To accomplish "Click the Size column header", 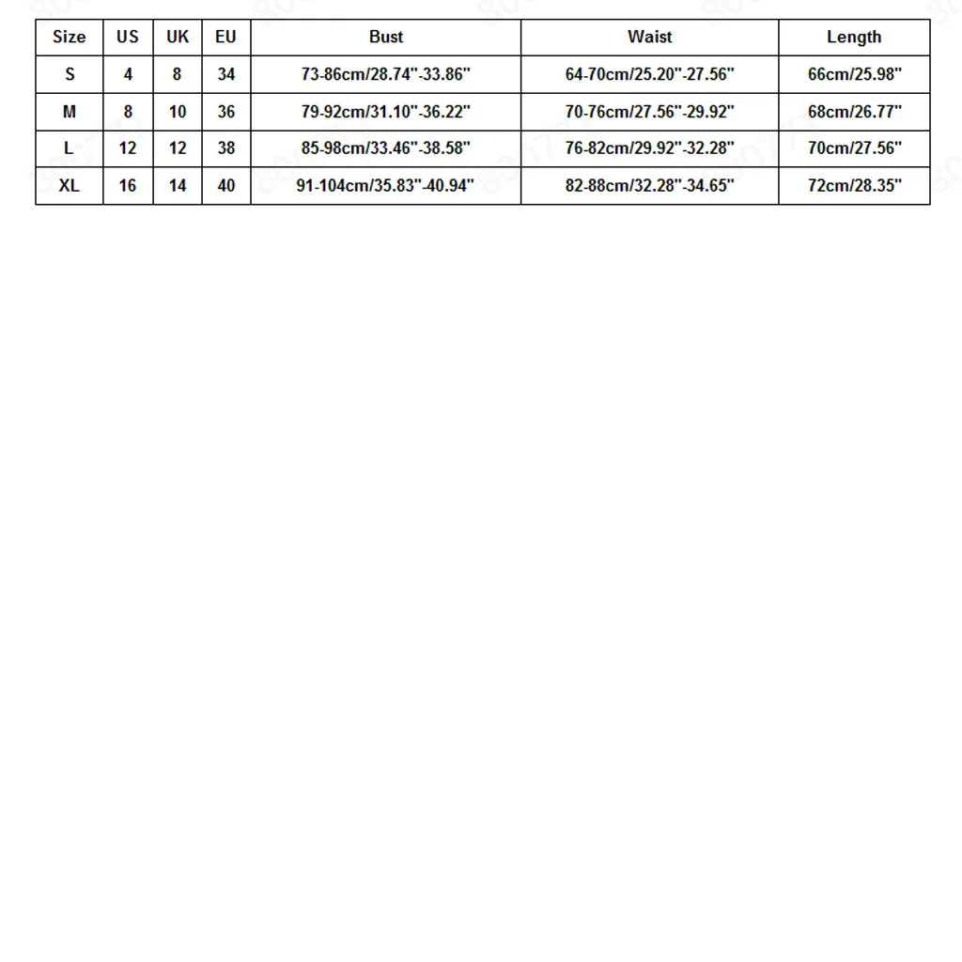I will click(x=69, y=38).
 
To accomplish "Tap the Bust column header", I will click(x=385, y=38).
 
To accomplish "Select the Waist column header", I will click(x=649, y=38).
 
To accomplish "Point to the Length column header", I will click(x=854, y=38).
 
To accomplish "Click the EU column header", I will click(x=225, y=38).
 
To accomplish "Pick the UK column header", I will click(x=177, y=38).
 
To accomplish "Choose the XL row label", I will click(x=69, y=186).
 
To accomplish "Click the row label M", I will click(x=69, y=112).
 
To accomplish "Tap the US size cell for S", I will click(x=128, y=74).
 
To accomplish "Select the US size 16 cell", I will click(x=128, y=186).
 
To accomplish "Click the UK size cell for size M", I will click(x=177, y=112).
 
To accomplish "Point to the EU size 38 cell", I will click(x=225, y=148).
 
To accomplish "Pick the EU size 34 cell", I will click(x=225, y=74).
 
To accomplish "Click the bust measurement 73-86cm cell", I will click(x=385, y=74).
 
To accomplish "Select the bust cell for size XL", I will click(x=385, y=186).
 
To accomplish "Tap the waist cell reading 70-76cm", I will click(x=649, y=112).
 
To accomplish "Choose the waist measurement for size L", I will click(x=649, y=148).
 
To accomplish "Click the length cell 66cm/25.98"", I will click(x=854, y=74).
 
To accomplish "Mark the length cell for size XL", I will click(x=854, y=186).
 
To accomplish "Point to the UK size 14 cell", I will click(x=177, y=186).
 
